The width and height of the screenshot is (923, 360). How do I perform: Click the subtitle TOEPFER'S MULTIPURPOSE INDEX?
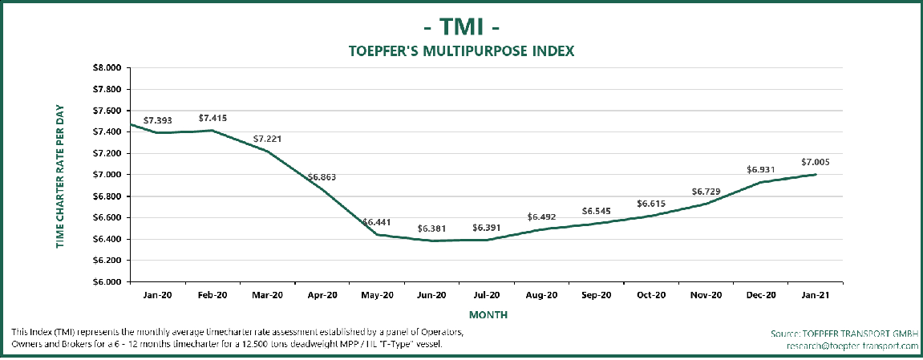click(461, 51)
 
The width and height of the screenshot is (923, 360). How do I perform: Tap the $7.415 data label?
click(213, 118)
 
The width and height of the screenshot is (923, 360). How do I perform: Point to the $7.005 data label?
click(815, 162)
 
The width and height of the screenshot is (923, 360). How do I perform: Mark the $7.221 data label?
click(267, 139)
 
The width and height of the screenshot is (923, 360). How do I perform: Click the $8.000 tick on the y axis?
click(107, 67)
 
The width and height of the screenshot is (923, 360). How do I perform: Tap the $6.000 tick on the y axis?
click(107, 281)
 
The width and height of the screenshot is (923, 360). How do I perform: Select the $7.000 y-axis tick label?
click(107, 174)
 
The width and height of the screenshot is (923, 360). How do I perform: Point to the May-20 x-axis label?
click(376, 295)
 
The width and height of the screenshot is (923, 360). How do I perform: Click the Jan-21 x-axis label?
click(816, 295)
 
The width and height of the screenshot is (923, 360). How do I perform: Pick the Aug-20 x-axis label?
click(541, 295)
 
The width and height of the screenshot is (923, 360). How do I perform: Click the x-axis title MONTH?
click(488, 315)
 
